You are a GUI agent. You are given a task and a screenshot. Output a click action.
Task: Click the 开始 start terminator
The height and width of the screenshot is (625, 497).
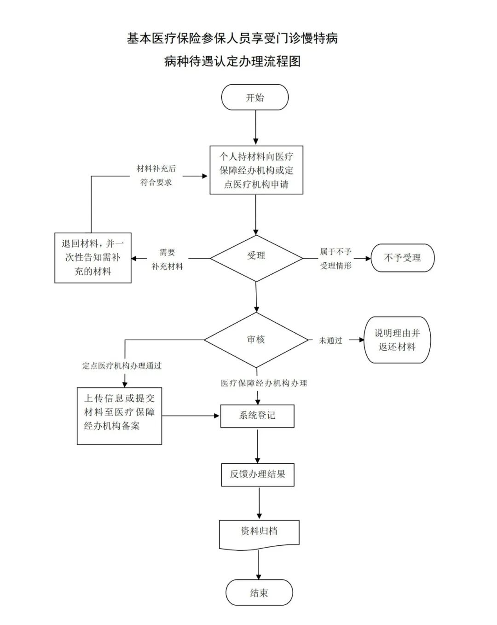(x=255, y=98)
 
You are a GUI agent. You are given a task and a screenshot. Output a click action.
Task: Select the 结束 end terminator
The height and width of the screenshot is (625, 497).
(x=259, y=592)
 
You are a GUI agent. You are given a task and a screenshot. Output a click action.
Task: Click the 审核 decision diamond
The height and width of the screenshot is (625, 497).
(x=256, y=340)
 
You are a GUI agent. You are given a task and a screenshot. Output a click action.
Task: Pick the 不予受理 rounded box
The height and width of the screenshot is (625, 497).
(x=403, y=258)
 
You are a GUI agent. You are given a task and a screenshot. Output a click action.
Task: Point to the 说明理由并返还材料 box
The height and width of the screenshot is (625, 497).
(x=397, y=340)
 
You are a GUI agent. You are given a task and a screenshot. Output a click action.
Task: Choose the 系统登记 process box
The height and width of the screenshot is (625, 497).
(x=257, y=416)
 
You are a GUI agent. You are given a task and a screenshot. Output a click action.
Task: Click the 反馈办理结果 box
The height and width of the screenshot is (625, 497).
(x=257, y=474)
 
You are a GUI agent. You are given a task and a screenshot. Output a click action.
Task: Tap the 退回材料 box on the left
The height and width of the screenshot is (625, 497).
(x=93, y=258)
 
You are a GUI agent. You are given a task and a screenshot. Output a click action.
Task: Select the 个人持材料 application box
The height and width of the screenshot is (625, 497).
(x=256, y=170)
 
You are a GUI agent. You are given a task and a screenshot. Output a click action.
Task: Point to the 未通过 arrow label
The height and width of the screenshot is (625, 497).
(x=331, y=341)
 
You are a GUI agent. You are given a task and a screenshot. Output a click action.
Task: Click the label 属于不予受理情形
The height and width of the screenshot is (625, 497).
(x=336, y=259)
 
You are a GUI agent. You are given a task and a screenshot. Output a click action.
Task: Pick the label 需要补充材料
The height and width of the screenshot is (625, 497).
(x=168, y=259)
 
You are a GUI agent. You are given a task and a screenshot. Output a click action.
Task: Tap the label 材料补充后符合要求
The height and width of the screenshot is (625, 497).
(x=156, y=175)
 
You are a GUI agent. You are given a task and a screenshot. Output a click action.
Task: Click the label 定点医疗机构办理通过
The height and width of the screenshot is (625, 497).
(x=122, y=366)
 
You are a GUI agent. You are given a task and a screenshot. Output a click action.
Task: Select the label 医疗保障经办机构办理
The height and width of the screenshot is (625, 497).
(x=264, y=383)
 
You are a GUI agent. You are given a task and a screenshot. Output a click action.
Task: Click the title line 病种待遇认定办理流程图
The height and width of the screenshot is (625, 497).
(x=232, y=61)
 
